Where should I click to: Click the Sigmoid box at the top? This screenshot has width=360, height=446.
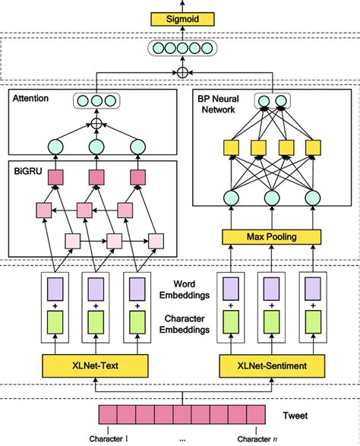(x=181, y=15)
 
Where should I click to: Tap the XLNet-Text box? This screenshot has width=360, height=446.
(x=91, y=365)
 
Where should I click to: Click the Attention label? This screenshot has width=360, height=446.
(x=28, y=99)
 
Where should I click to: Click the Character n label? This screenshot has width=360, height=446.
(x=250, y=439)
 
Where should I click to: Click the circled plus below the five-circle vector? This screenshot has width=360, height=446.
(x=181, y=73)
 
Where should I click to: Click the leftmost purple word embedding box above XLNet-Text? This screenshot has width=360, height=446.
(x=55, y=289)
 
